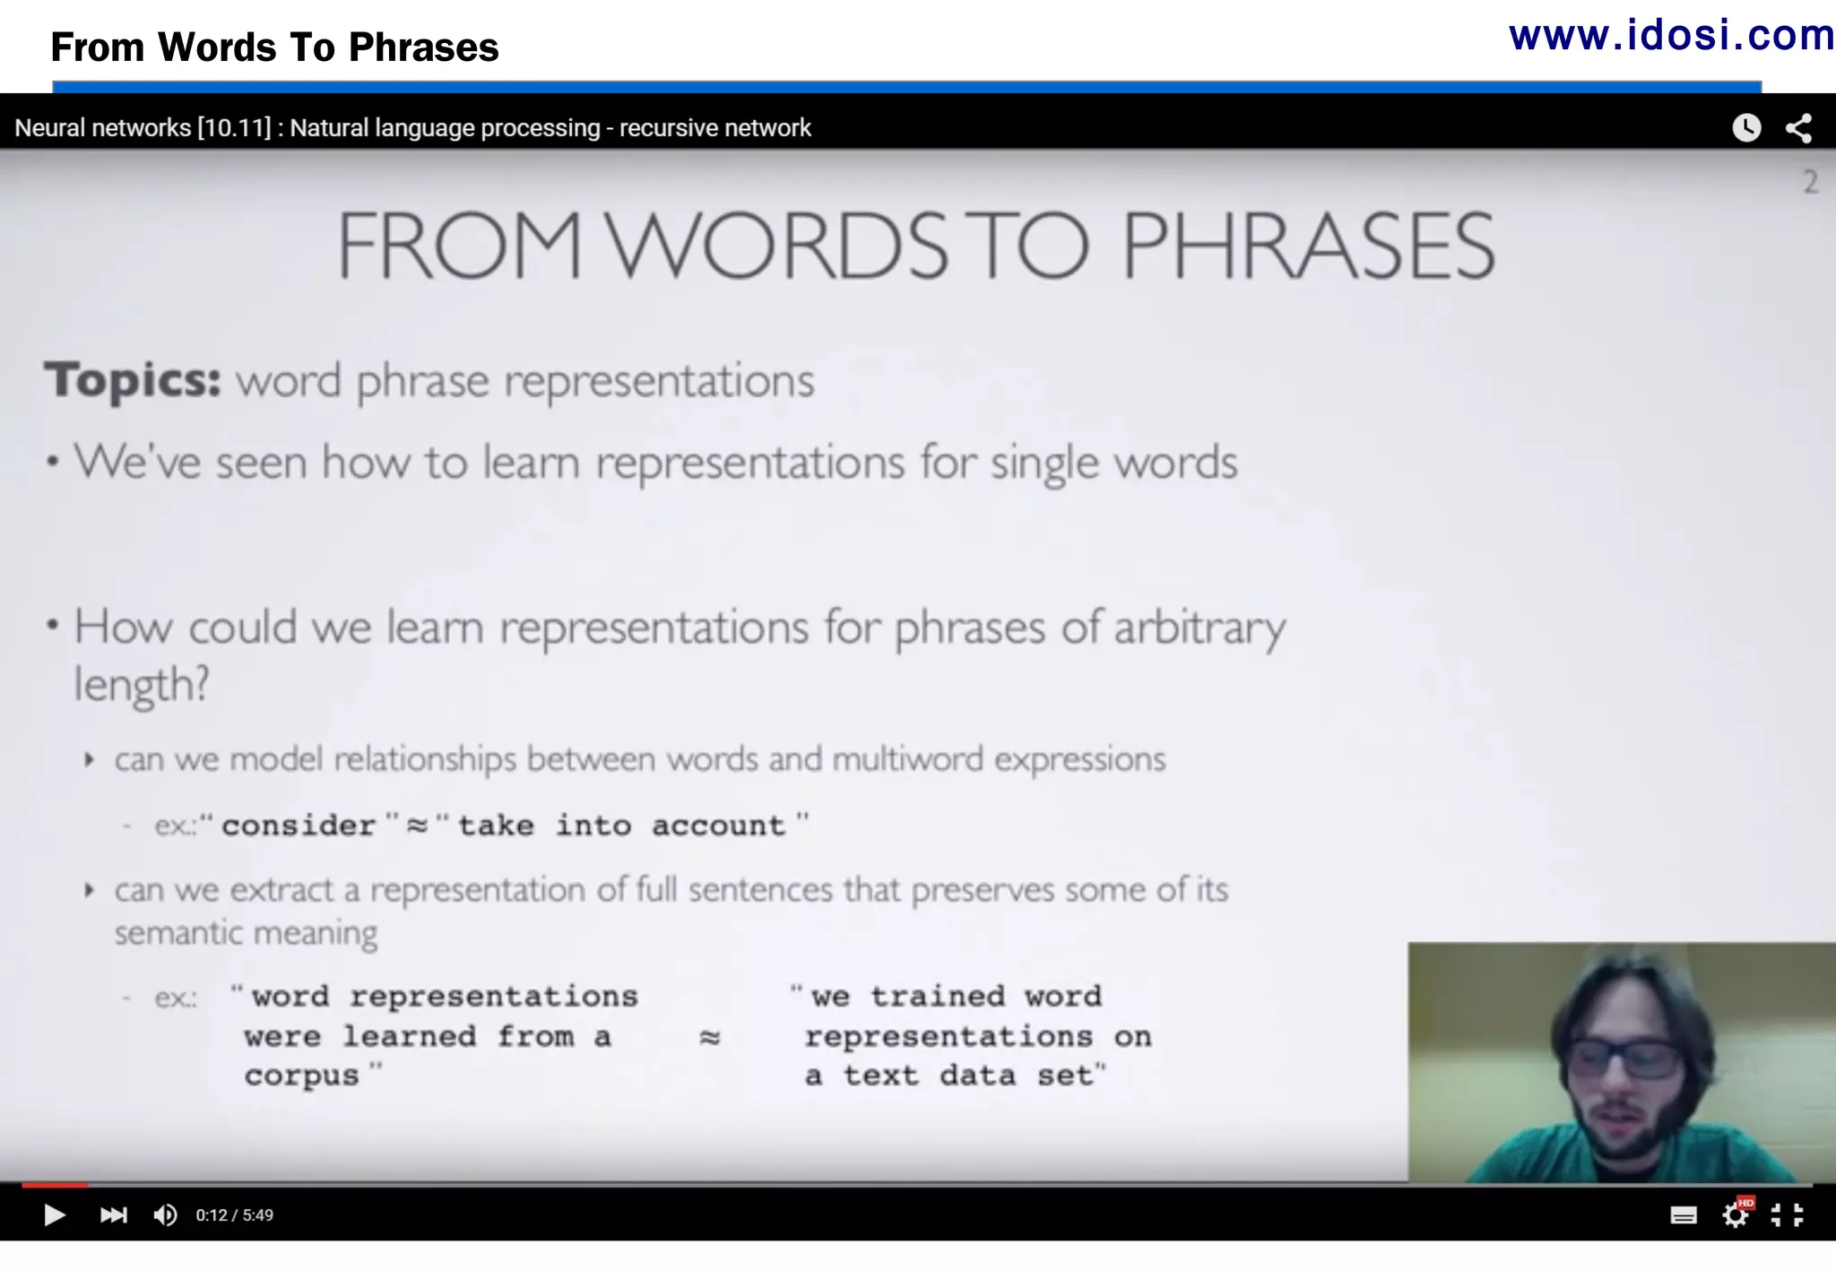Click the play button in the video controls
pos(54,1215)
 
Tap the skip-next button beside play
pos(114,1215)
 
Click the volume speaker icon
pos(165,1215)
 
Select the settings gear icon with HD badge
pos(1736,1215)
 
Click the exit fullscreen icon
pos(1787,1215)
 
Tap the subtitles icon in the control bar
pos(1683,1215)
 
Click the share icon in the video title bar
pos(1798,128)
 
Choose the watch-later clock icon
pos(1745,128)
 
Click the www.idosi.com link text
pos(1671,36)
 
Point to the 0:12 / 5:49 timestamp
pos(235,1215)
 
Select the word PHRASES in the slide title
pos(1308,246)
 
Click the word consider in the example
pos(299,826)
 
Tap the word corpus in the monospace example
pos(301,1076)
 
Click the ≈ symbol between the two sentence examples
pos(710,1037)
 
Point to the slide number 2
pos(1811,183)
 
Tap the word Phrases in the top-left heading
pos(423,48)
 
